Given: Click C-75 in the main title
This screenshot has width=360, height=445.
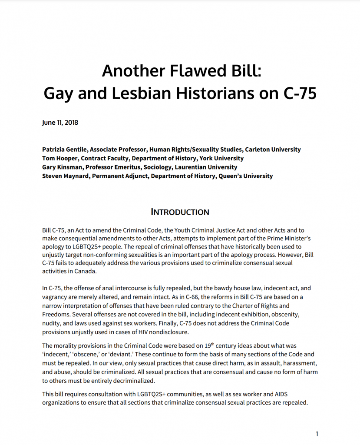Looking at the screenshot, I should click(297, 93).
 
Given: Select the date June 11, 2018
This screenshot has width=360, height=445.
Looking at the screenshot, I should click(60, 123).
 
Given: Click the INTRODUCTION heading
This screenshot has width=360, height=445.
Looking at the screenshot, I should click(180, 212).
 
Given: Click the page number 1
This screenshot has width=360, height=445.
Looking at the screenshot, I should click(317, 434).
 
